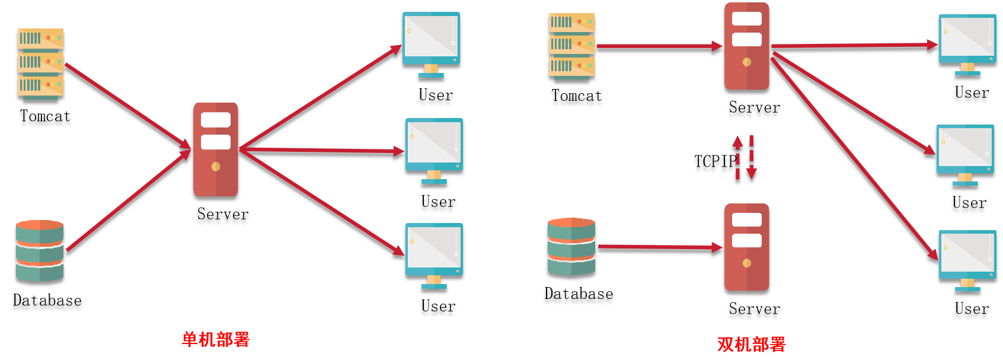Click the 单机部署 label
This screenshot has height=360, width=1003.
[216, 339]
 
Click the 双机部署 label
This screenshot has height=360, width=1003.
[751, 344]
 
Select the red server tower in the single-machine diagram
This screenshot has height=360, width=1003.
[216, 149]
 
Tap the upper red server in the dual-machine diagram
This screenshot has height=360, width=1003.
[747, 46]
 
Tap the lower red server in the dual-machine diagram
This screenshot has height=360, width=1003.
[747, 247]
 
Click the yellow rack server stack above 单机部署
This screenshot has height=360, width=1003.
[40, 63]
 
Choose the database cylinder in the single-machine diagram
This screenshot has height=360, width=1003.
[40, 250]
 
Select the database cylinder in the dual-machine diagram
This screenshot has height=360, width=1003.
[571, 246]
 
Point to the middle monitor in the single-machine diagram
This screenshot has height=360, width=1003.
[434, 149]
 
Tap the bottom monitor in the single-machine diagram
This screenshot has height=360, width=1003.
[434, 254]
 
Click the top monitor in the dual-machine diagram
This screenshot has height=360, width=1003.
[967, 43]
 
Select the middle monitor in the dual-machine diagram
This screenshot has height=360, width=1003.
[965, 154]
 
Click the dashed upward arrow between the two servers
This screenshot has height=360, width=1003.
[737, 158]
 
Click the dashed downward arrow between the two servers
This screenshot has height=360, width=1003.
[752, 158]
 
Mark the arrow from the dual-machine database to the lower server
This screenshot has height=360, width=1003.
[658, 247]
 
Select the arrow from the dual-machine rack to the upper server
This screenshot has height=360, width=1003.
[658, 46]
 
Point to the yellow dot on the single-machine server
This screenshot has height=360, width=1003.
[216, 167]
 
